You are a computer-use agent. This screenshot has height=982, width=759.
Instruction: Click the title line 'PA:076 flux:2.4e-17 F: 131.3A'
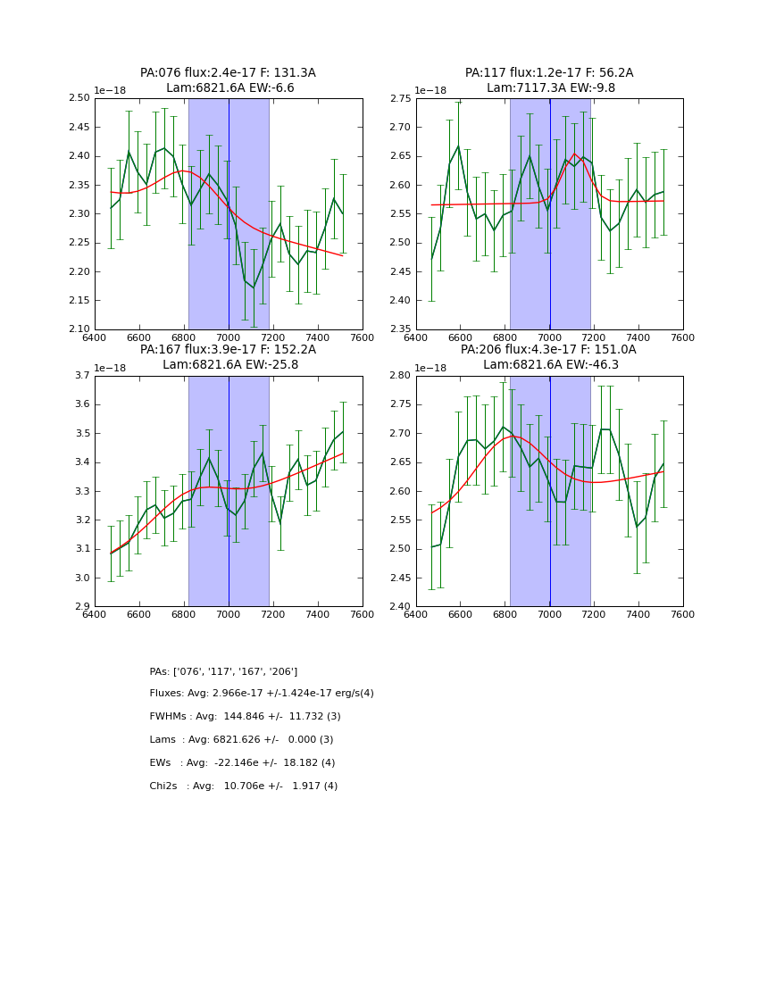pyautogui.click(x=228, y=73)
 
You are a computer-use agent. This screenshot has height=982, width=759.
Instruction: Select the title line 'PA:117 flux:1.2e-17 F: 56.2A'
pyautogui.click(x=549, y=73)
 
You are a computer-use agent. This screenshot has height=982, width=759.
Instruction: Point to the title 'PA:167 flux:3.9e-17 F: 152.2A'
pyautogui.click(x=228, y=350)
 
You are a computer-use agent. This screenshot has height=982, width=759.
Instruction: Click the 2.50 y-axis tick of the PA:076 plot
pyautogui.click(x=79, y=98)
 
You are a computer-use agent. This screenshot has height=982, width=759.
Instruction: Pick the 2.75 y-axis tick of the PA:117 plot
pyautogui.click(x=401, y=98)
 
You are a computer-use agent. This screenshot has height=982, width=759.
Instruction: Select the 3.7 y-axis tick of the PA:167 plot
pyautogui.click(x=82, y=376)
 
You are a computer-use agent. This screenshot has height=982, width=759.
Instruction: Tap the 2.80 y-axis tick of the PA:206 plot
pyautogui.click(x=401, y=376)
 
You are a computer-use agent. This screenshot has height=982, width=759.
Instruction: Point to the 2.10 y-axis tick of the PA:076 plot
pyautogui.click(x=79, y=329)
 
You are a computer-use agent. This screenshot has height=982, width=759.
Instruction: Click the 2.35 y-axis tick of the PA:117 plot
pyautogui.click(x=401, y=329)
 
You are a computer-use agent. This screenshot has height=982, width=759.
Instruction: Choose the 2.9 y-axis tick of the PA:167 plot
pyautogui.click(x=82, y=607)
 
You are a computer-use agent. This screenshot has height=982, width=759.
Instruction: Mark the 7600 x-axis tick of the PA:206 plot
pyautogui.click(x=683, y=613)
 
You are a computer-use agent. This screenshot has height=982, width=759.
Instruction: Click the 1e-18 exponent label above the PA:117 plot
pyautogui.click(x=435, y=90)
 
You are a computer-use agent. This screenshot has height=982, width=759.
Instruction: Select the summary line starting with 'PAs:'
pyautogui.click(x=223, y=671)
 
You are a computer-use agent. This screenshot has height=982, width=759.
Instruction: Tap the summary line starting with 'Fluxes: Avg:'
pyautogui.click(x=262, y=694)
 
